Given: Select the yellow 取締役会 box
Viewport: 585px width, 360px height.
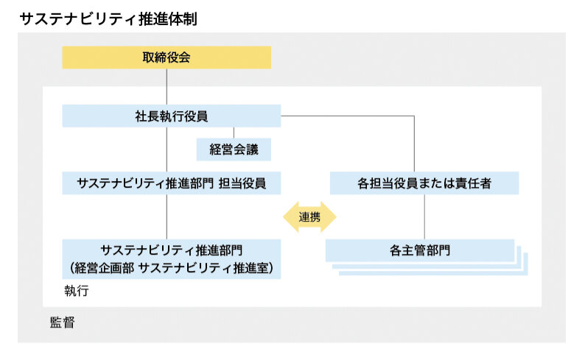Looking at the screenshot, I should (x=167, y=57).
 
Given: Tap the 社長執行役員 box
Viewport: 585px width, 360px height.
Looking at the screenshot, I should (x=171, y=116).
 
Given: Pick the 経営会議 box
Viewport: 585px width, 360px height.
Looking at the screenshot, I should (x=233, y=149).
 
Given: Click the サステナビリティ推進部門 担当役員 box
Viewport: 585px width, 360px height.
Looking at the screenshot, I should (x=171, y=183).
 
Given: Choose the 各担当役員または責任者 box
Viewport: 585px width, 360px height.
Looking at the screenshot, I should (x=424, y=183).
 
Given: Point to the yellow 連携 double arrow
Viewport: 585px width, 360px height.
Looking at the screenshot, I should (x=309, y=217).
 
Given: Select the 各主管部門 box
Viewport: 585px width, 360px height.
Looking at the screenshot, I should (x=420, y=250).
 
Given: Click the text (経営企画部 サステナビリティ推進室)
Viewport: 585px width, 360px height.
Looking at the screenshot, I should (x=171, y=268).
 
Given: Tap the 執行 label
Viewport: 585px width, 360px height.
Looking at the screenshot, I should (x=76, y=292).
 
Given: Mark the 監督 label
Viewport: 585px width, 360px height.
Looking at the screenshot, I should (x=62, y=322).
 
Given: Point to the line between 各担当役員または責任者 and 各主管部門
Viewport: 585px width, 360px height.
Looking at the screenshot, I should (x=424, y=216).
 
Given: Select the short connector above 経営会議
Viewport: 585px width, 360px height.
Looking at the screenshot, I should (x=233, y=133).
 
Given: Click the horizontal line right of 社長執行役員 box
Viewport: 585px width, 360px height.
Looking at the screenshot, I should (x=346, y=116).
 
